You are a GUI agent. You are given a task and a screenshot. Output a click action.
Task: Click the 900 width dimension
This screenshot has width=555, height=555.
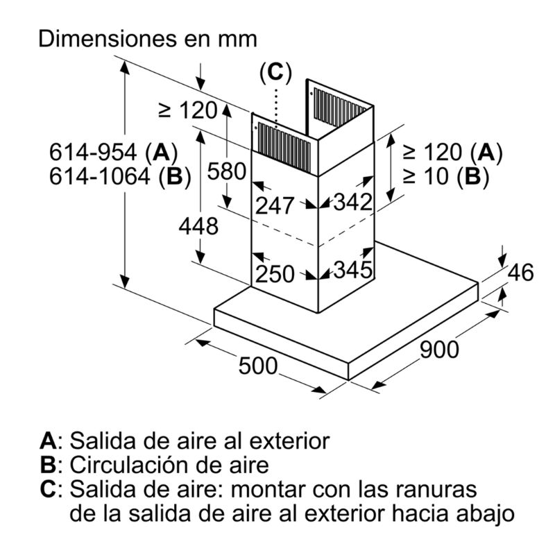(439, 349)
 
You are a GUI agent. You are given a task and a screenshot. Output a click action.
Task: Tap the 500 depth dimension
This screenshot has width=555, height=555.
(257, 366)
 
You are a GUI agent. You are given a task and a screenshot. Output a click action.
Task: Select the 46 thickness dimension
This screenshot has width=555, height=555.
(521, 272)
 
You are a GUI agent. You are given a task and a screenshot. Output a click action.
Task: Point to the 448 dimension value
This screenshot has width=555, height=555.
(198, 226)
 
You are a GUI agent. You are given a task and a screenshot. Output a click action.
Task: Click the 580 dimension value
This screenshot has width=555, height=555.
(227, 171)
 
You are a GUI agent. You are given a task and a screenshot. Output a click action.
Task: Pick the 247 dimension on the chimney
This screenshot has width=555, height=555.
(275, 205)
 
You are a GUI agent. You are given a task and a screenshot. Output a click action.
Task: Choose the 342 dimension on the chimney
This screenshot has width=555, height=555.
(353, 202)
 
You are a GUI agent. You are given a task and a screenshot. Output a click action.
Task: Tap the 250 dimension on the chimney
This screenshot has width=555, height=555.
(275, 273)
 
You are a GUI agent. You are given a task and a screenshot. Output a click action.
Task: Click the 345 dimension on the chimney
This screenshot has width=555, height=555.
(353, 269)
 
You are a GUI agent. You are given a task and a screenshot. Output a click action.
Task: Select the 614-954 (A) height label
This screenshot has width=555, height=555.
(113, 153)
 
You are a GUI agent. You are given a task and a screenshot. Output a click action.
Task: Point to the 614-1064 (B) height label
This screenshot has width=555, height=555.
(120, 176)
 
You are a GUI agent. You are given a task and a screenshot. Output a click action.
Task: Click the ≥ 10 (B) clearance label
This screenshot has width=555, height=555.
(446, 176)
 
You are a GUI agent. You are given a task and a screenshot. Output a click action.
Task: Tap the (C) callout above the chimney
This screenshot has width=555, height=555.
(275, 73)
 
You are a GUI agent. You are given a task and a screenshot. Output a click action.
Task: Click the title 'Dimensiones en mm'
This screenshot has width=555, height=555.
(148, 38)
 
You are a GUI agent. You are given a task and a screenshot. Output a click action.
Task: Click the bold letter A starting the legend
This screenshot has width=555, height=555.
(48, 441)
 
